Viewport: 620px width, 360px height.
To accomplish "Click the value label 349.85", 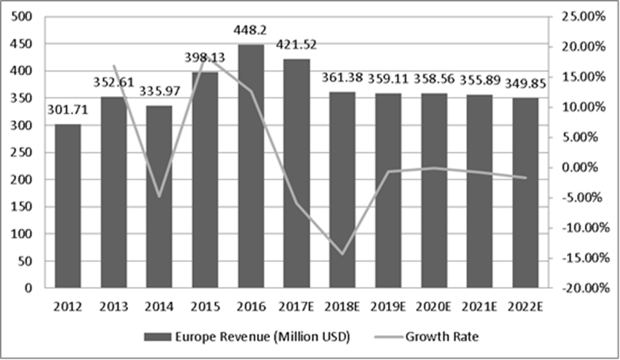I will point(525,84).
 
